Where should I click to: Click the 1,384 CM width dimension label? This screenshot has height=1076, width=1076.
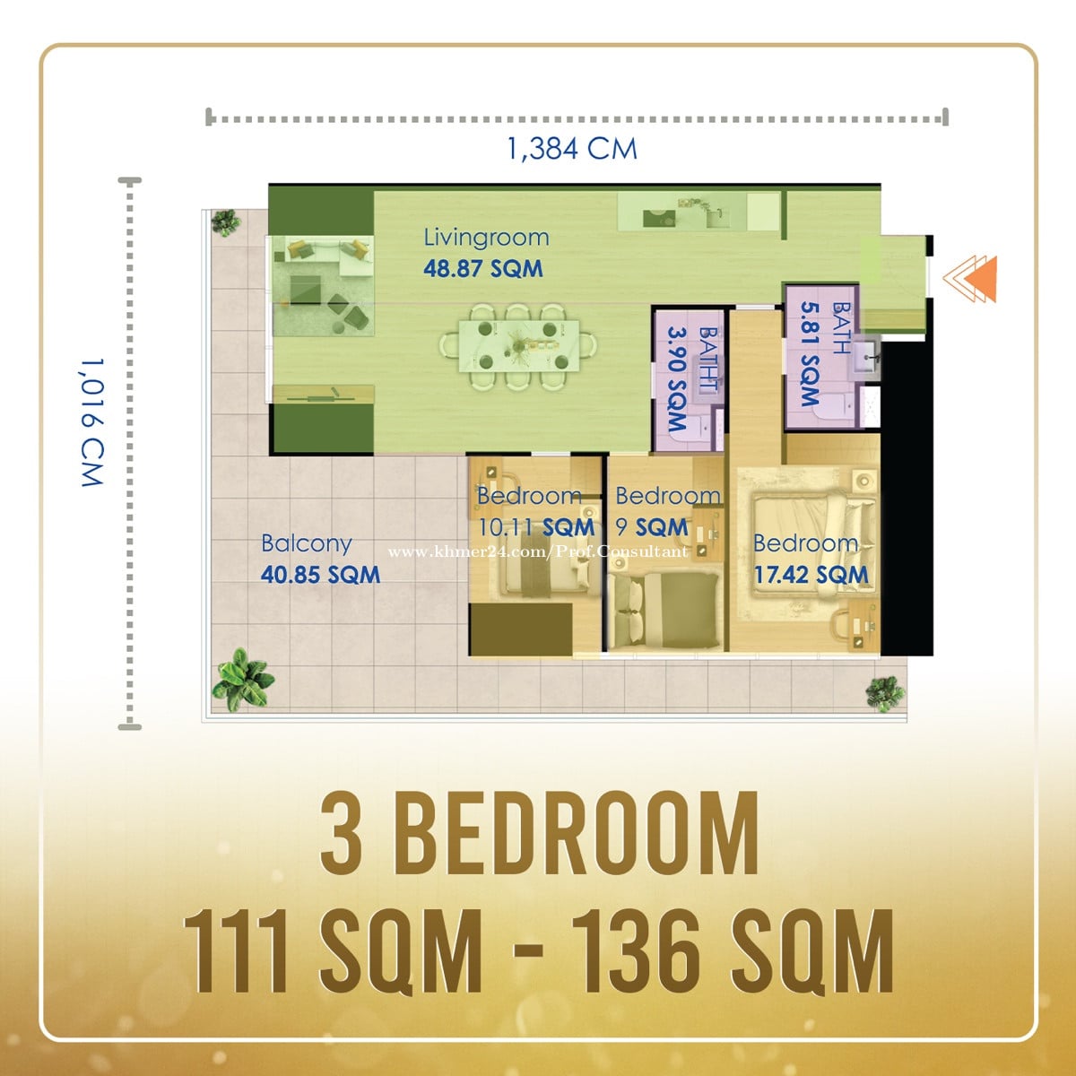[572, 149]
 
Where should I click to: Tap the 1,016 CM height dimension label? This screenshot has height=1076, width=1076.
[92, 422]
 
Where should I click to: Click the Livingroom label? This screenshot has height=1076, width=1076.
[486, 238]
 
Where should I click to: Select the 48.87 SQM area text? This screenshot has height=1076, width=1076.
[483, 269]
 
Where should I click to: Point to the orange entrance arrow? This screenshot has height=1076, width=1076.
[970, 279]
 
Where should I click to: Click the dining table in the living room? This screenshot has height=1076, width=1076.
[518, 346]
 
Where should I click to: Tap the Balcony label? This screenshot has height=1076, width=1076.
[307, 544]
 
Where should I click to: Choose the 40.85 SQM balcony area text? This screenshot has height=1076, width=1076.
[320, 575]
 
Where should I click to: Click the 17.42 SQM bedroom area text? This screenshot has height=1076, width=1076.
[811, 575]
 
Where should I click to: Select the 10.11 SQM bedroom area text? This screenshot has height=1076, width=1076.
[536, 527]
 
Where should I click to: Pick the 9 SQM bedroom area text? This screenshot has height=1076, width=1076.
[652, 527]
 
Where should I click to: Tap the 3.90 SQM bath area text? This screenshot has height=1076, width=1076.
[677, 378]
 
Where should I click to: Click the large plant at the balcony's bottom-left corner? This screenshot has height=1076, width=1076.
[243, 680]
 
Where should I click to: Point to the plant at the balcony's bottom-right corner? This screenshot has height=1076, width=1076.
[885, 693]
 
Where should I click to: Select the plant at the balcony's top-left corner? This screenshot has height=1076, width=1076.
[226, 222]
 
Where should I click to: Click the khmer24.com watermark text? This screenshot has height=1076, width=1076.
[538, 552]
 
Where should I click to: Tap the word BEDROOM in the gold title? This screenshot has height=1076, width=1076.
[577, 834]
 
